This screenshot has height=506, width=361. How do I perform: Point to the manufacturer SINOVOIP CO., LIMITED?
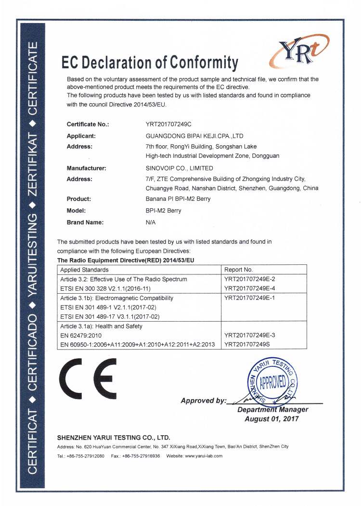179,168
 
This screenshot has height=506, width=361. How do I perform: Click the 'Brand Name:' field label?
85,222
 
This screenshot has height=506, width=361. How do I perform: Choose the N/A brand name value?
151,222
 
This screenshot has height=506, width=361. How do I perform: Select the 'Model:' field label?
77,210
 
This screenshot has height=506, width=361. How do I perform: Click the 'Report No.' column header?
239,270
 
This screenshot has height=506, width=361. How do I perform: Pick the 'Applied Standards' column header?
85,270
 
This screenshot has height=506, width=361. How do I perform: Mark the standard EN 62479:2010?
82,335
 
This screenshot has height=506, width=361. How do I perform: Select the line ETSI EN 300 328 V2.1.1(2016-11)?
113,288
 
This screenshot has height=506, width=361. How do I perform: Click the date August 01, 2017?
272,419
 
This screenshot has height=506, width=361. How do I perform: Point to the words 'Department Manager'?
273,409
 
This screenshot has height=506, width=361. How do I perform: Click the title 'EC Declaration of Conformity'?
150,63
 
